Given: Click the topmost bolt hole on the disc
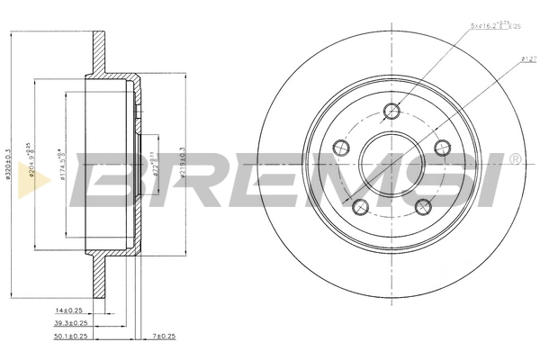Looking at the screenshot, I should coord(391,111).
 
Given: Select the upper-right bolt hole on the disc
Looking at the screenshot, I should coord(441,147).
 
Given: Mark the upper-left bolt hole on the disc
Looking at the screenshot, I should coord(340,147).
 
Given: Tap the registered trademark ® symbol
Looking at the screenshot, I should coord(514,159).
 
